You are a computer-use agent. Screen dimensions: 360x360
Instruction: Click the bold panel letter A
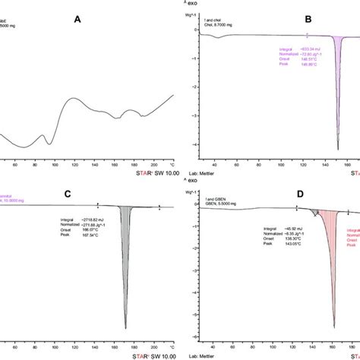point(77,22)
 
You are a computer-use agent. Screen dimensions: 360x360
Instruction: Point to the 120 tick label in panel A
point(74,163)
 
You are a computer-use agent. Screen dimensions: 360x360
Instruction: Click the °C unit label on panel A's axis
point(172,163)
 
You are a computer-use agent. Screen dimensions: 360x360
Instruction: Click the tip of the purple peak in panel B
point(337,150)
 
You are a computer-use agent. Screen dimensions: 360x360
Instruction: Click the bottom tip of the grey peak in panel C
point(125,328)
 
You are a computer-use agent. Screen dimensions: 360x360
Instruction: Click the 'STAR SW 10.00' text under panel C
point(145,351)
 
